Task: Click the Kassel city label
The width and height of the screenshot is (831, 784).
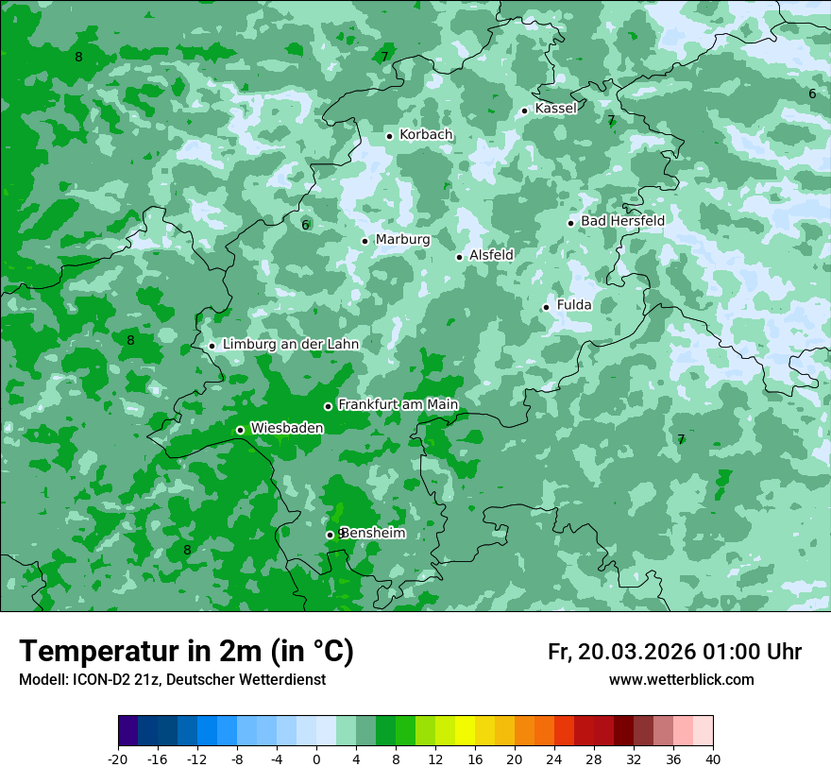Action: [x=555, y=109]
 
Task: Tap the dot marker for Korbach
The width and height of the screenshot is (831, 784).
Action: [x=389, y=136]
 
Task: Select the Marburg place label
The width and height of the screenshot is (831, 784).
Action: [x=402, y=240]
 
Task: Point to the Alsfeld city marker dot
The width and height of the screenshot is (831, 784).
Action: [x=460, y=257]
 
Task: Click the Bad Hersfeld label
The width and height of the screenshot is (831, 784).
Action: [x=622, y=221]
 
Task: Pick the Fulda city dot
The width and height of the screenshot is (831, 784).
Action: [x=546, y=307]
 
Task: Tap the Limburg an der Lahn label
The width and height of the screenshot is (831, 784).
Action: [x=290, y=345]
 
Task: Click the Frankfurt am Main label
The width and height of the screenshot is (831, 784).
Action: [x=398, y=405]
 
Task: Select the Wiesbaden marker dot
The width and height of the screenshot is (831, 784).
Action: [x=240, y=430]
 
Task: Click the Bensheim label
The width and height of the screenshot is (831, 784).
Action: [x=374, y=534]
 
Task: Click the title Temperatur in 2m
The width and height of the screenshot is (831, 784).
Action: [x=186, y=652]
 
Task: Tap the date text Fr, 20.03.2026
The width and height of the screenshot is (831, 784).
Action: [x=620, y=653]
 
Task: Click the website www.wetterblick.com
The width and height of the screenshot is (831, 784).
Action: [x=681, y=680]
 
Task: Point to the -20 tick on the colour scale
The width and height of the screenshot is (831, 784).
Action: [x=118, y=758]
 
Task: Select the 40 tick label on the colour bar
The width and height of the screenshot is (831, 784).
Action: [x=713, y=758]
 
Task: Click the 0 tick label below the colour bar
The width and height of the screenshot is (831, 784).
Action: [x=316, y=758]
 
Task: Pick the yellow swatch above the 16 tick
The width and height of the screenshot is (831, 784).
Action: [x=465, y=731]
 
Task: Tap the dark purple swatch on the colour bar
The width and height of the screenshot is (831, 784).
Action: [x=128, y=731]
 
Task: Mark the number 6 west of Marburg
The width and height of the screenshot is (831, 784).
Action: [x=305, y=225]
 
